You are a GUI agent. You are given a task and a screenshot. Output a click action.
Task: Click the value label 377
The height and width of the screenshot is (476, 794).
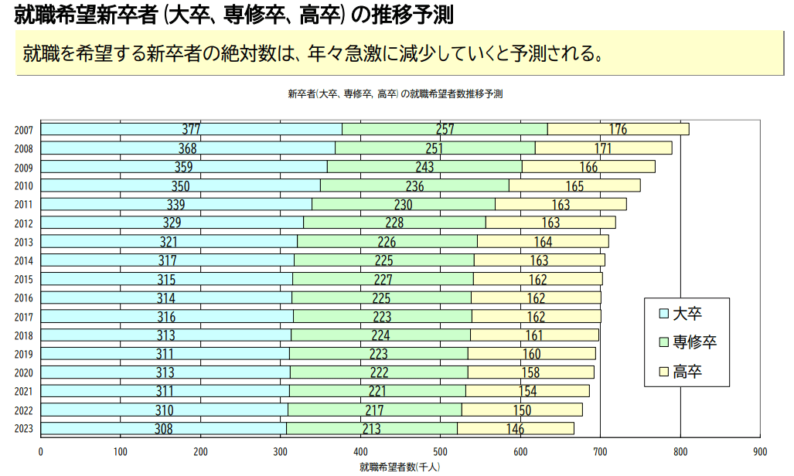(x=191, y=129)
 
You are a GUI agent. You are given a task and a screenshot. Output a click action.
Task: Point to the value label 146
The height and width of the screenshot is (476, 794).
(x=515, y=430)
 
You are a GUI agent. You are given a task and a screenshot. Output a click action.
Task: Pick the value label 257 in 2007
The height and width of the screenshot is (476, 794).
(x=445, y=129)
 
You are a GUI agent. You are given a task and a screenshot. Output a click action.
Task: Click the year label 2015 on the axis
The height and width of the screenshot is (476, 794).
(x=23, y=279)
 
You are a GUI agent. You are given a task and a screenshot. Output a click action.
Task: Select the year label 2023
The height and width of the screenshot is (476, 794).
(x=23, y=429)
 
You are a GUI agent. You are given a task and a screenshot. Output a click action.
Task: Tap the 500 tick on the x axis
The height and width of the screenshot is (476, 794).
(x=440, y=451)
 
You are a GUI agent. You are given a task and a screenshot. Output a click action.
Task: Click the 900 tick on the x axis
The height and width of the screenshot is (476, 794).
(x=759, y=451)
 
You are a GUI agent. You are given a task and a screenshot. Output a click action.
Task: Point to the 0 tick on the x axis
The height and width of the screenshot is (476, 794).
(x=41, y=451)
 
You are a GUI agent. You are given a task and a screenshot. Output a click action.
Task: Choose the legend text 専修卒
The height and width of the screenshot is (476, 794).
(x=695, y=342)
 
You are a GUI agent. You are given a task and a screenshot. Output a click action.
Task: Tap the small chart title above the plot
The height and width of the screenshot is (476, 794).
(x=395, y=94)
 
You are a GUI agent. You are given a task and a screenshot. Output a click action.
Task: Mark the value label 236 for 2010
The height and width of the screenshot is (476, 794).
(x=414, y=185)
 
